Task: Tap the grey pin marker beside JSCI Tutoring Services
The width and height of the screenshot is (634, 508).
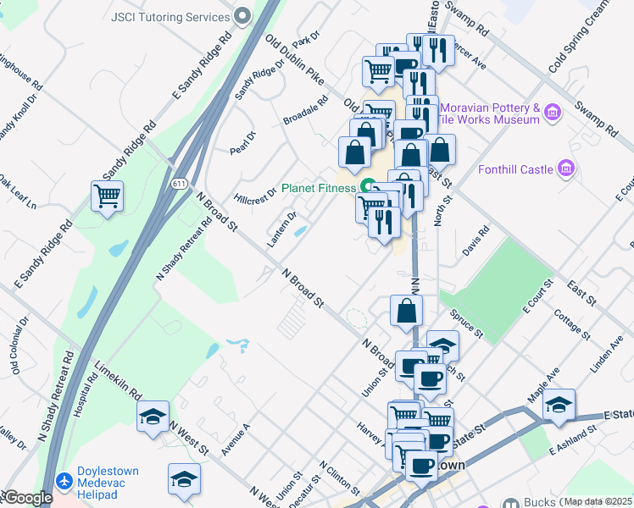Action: click(x=243, y=16)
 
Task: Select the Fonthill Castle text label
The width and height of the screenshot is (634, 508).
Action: click(x=514, y=169)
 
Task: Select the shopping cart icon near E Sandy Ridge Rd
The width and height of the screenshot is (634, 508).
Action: click(x=107, y=196)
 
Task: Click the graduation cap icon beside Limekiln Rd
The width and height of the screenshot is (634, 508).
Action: click(x=153, y=416)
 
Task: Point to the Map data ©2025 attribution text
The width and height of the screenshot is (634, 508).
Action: click(x=598, y=501)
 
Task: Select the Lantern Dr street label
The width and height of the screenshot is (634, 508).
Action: click(x=281, y=229)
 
